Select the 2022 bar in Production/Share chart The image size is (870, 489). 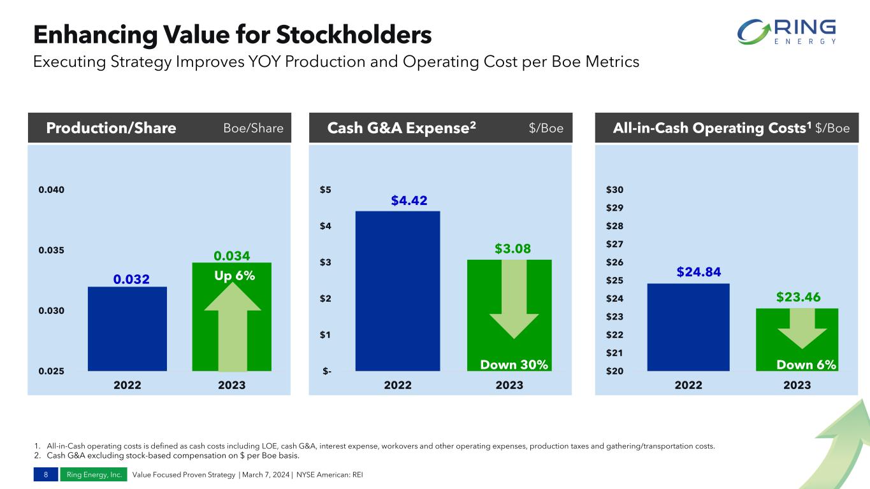pos(127,329)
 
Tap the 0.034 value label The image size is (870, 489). pos(231,256)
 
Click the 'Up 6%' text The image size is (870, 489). pos(231,276)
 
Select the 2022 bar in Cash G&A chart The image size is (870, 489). pos(398,291)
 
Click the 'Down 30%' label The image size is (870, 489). pos(514,365)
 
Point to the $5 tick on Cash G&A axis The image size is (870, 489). pos(326,190)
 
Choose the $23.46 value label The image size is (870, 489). pos(797,297)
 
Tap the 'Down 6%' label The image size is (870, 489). pos(806,365)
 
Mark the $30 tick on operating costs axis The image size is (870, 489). pos(615,190)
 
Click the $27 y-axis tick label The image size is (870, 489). pos(615,244)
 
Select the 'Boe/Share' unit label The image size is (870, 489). pos(253,129)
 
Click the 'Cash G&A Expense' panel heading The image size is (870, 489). pos(402,129)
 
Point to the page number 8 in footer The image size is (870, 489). pos(46,475)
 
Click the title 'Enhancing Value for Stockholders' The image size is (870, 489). pos(232,35)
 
